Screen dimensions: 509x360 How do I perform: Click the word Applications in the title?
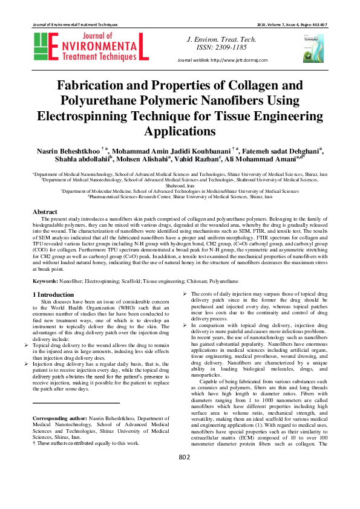coord(180,130)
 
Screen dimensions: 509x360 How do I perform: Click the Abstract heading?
coord(45,212)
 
